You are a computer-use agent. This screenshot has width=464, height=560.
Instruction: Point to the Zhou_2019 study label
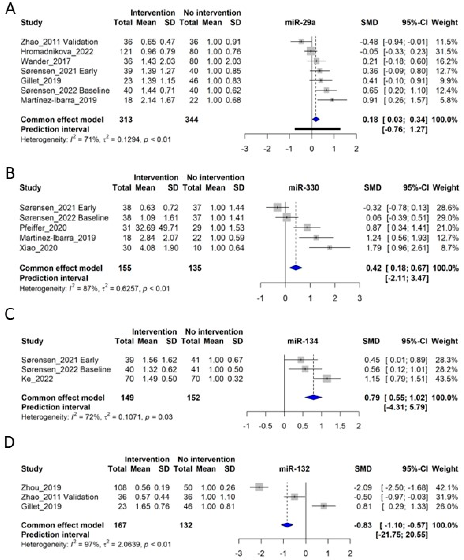pos(41,487)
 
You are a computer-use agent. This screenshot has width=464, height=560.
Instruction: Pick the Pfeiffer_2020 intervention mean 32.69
pos(145,228)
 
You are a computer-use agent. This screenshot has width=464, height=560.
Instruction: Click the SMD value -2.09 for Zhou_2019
pos(363,487)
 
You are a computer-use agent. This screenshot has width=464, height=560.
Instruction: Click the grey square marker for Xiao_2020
pos(330,248)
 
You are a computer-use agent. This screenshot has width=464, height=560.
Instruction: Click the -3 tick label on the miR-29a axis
pos(245,149)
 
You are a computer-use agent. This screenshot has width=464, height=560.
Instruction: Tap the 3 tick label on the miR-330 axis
pos(359,298)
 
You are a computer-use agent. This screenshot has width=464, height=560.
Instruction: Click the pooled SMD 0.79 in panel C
pos(372,398)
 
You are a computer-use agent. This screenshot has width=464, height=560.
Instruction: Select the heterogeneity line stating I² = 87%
pos(95,288)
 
